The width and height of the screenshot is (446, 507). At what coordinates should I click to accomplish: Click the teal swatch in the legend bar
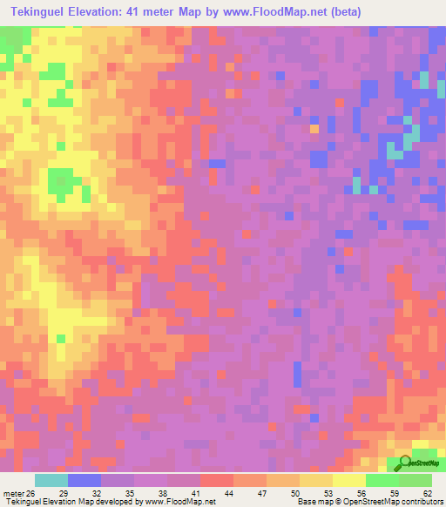(51, 481)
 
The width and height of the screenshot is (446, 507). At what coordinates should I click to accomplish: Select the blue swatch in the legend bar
(84, 481)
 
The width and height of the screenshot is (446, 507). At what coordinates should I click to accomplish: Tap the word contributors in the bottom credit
(421, 501)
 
